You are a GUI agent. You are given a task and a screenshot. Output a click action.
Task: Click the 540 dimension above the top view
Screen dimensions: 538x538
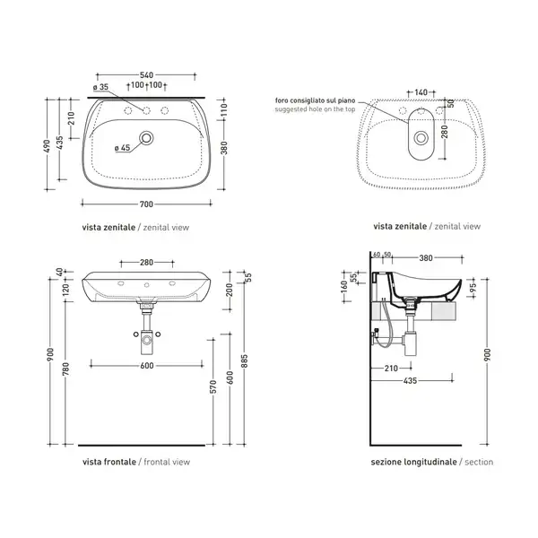click(146, 74)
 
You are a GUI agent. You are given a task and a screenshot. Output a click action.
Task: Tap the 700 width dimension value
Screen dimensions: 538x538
click(146, 204)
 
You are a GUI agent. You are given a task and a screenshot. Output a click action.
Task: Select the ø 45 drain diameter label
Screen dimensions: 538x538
click(122, 148)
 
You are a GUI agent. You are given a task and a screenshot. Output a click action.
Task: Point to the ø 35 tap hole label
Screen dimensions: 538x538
click(100, 87)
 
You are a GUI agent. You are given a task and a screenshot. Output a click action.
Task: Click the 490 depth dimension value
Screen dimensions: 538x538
click(48, 146)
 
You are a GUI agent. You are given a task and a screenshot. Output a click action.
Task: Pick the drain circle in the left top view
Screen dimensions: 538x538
click(146, 138)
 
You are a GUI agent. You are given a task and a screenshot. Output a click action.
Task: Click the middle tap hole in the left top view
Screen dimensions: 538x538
click(146, 110)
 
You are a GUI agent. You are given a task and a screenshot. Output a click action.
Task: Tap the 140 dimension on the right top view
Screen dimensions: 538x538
click(421, 92)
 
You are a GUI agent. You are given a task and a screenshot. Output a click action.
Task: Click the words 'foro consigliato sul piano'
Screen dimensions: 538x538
click(315, 100)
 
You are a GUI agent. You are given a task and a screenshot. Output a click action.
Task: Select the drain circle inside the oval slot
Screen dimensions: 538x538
click(421, 138)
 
